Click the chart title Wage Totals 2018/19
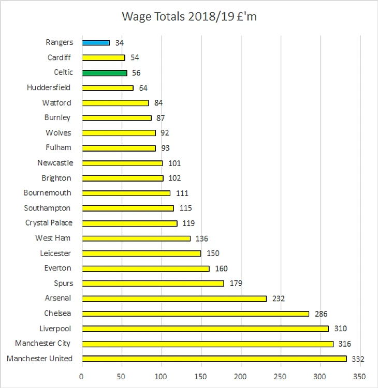[x=189, y=17]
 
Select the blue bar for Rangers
[x=95, y=42]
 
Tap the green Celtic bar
[x=104, y=73]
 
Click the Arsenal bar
[x=174, y=299]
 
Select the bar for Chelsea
[x=195, y=314]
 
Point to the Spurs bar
[x=153, y=283]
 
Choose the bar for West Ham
[x=136, y=238]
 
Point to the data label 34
[x=119, y=43]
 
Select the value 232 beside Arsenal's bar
[x=279, y=299]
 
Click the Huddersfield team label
[x=49, y=88]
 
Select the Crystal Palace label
[x=49, y=223]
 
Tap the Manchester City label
[x=42, y=344]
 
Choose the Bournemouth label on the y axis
[x=48, y=193]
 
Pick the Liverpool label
[x=55, y=329]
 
